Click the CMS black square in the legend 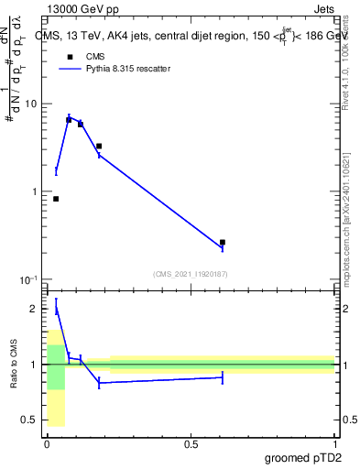click(x=67, y=57)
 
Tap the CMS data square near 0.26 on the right click(x=223, y=243)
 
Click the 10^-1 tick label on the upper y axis click(x=28, y=279)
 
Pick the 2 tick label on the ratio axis click(x=34, y=310)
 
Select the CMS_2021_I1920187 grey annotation click(x=191, y=273)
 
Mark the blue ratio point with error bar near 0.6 click(x=223, y=377)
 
